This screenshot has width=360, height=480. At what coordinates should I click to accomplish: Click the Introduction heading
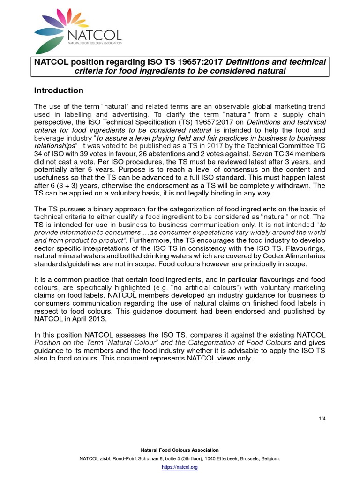59,90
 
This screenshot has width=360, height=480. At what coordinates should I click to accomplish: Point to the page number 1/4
322,418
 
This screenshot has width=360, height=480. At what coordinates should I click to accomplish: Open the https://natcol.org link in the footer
180,467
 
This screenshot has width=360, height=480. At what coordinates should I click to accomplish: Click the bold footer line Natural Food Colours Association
180,450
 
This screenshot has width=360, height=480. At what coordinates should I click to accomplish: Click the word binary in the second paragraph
114,208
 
